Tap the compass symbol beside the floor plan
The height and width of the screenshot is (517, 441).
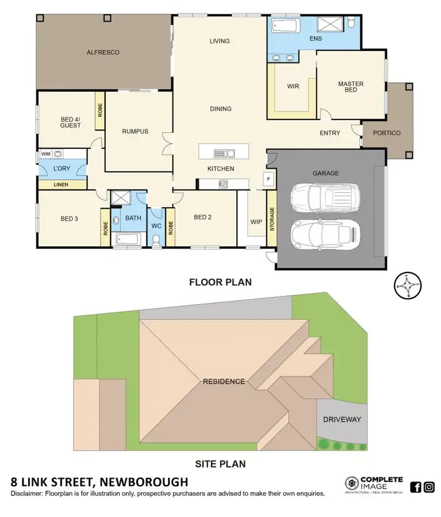(x=407, y=286)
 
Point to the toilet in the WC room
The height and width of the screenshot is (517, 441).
(x=156, y=239)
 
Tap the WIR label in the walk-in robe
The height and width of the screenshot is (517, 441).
(x=293, y=86)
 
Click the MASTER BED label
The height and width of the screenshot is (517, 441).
(x=350, y=88)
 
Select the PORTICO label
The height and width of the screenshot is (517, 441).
(x=386, y=133)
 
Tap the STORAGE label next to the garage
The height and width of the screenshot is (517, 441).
(x=272, y=219)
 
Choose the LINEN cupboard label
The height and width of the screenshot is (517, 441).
(x=61, y=185)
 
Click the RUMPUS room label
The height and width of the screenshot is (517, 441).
(x=135, y=131)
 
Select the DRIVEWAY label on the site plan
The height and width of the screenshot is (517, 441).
(x=342, y=419)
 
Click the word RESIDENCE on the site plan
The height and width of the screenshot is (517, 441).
(x=223, y=381)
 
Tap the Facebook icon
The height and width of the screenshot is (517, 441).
(x=415, y=486)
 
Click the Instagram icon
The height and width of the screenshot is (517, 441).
(x=429, y=486)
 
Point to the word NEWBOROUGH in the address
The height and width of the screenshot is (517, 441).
(x=139, y=482)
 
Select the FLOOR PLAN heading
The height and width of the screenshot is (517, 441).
(x=220, y=282)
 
